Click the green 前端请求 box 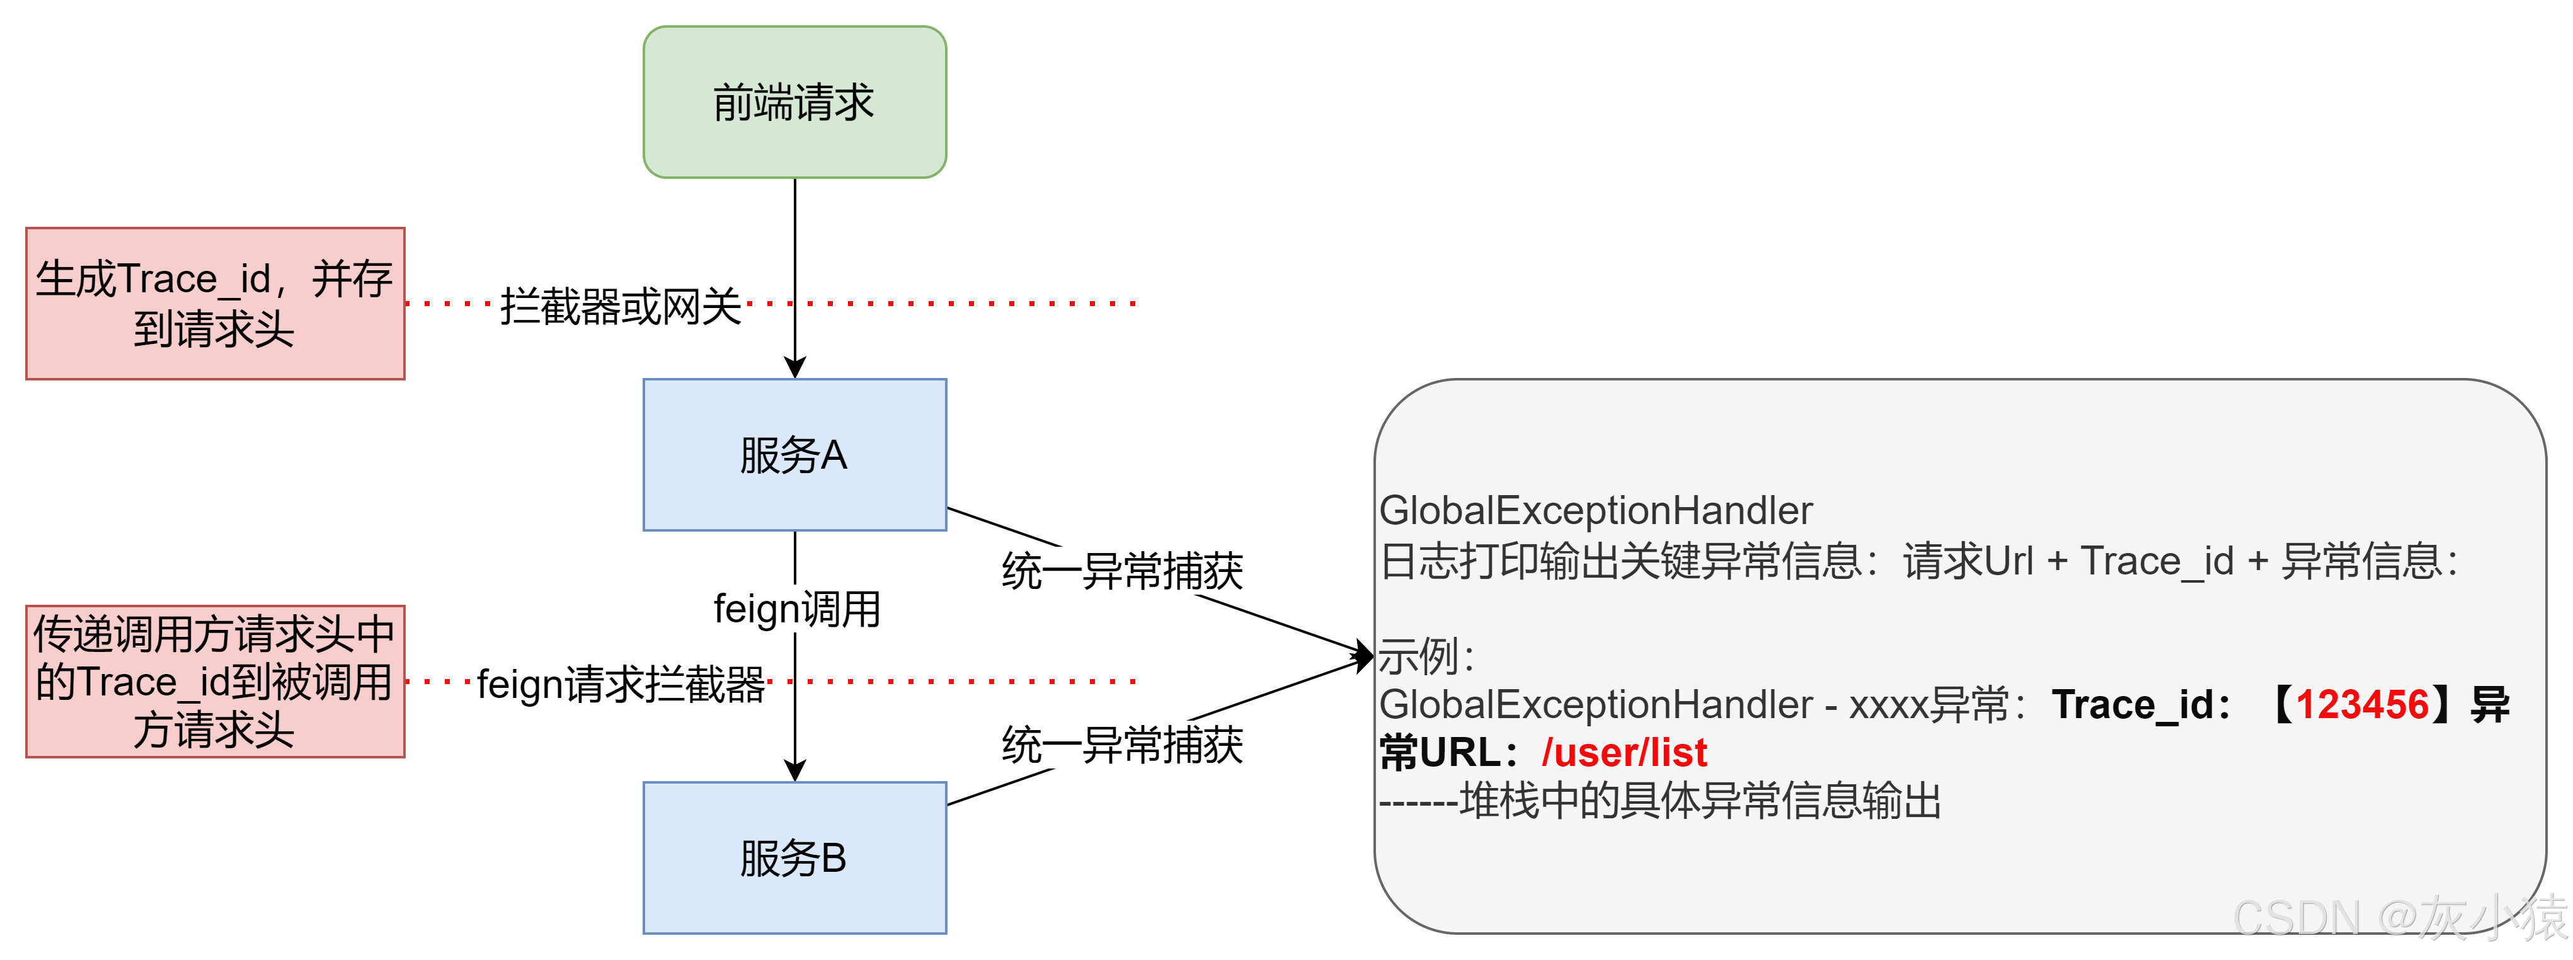[794, 102]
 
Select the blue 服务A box [794, 455]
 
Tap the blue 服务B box [794, 857]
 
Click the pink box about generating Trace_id [215, 304]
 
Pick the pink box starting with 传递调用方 [215, 682]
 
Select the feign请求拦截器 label [621, 684]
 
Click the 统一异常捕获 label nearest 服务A [1123, 571]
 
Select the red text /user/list [1624, 752]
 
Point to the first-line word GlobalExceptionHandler [1595, 510]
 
